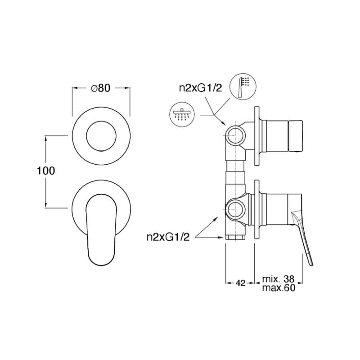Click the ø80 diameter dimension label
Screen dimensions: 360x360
coord(101,88)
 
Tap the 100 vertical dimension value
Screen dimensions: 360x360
coord(46,171)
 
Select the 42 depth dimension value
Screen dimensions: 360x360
coord(240,283)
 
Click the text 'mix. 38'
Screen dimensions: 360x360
coord(278,279)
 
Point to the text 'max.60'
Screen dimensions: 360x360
coord(279,288)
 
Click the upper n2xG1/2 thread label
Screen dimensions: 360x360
coord(201,88)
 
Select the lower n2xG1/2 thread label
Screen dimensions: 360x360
coord(168,237)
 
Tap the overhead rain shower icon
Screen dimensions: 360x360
coord(182,115)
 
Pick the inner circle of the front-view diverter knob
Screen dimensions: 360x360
coord(101,136)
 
